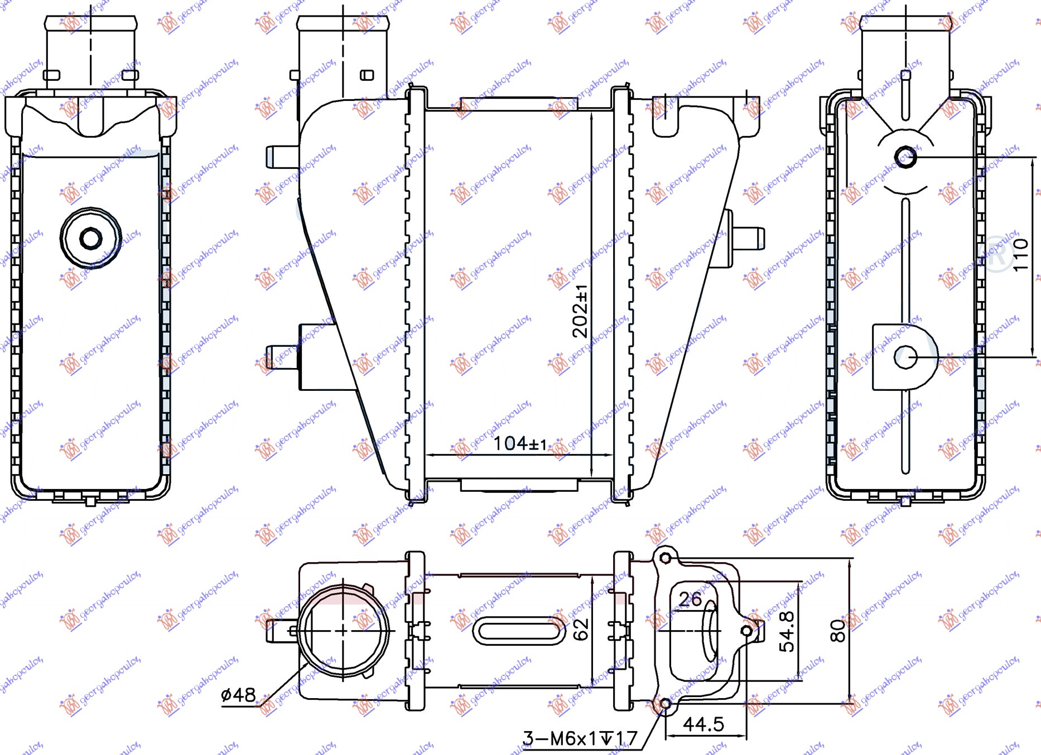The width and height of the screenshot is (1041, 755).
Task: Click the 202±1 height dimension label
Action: coord(580,311)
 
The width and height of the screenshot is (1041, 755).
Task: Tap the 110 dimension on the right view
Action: coord(1020,255)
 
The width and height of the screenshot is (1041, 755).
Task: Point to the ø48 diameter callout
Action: coord(238,695)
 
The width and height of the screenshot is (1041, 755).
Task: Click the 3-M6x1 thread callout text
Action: coord(580,739)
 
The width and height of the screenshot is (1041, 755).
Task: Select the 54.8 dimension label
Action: coord(787,631)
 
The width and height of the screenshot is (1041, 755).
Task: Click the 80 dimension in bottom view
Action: coord(838,631)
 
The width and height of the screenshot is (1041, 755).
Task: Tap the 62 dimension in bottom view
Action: coord(581,629)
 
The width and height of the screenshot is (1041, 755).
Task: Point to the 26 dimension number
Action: coord(690,599)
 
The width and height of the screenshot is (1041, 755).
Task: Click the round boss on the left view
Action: coord(90,239)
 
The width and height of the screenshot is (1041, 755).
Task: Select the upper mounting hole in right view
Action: coord(905,157)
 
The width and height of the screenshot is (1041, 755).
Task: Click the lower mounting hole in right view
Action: coord(905,357)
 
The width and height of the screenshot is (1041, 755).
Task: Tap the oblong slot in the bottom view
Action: coord(519,631)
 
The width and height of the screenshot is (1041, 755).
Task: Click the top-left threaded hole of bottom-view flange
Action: coord(665,558)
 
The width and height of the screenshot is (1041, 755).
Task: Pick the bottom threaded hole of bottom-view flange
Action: coord(665,704)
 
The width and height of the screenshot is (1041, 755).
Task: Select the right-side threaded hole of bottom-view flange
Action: coord(746,631)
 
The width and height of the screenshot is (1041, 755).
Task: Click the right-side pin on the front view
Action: coord(748,239)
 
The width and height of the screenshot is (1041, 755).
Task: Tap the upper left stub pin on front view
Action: coord(282,157)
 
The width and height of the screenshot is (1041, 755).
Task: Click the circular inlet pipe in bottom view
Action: coord(343,631)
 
